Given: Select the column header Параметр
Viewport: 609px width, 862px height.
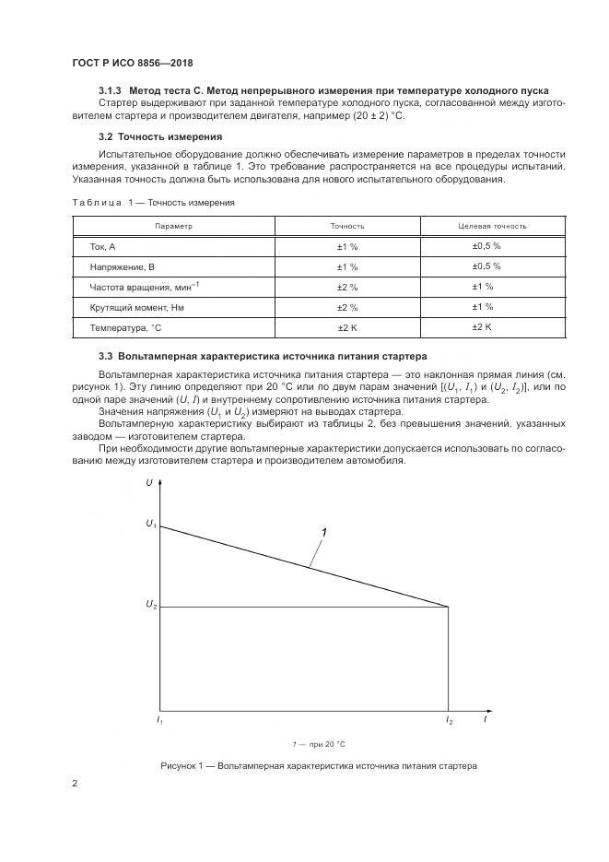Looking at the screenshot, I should pos(173,225).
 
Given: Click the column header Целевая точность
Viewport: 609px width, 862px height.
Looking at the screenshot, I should pos(492,225).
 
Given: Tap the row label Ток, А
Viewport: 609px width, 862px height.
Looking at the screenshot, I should pos(102,246).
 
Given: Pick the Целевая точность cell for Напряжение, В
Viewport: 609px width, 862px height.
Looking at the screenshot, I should pos(486,266).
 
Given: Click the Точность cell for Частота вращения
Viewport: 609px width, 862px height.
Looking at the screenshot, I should pos(347,287).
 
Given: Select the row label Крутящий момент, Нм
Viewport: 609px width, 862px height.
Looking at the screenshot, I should pos(132,307).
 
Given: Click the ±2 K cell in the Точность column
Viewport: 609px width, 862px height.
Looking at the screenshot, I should pos(347,327).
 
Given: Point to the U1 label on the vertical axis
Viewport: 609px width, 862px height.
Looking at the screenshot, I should pos(151,524).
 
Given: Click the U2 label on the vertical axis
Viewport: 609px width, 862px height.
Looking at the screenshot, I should pos(151,605).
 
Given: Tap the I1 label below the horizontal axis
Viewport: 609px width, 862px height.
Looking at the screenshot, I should pos(159,719).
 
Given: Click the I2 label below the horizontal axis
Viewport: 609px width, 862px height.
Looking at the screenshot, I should pos(449,719).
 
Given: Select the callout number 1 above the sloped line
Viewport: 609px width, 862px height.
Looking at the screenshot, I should pos(323,532).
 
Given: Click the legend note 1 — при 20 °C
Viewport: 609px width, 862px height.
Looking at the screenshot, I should pos(318,743).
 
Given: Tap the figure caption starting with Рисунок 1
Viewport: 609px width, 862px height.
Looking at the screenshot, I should pos(319,765).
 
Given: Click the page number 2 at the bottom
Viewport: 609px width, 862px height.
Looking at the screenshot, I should pos(75,784).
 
